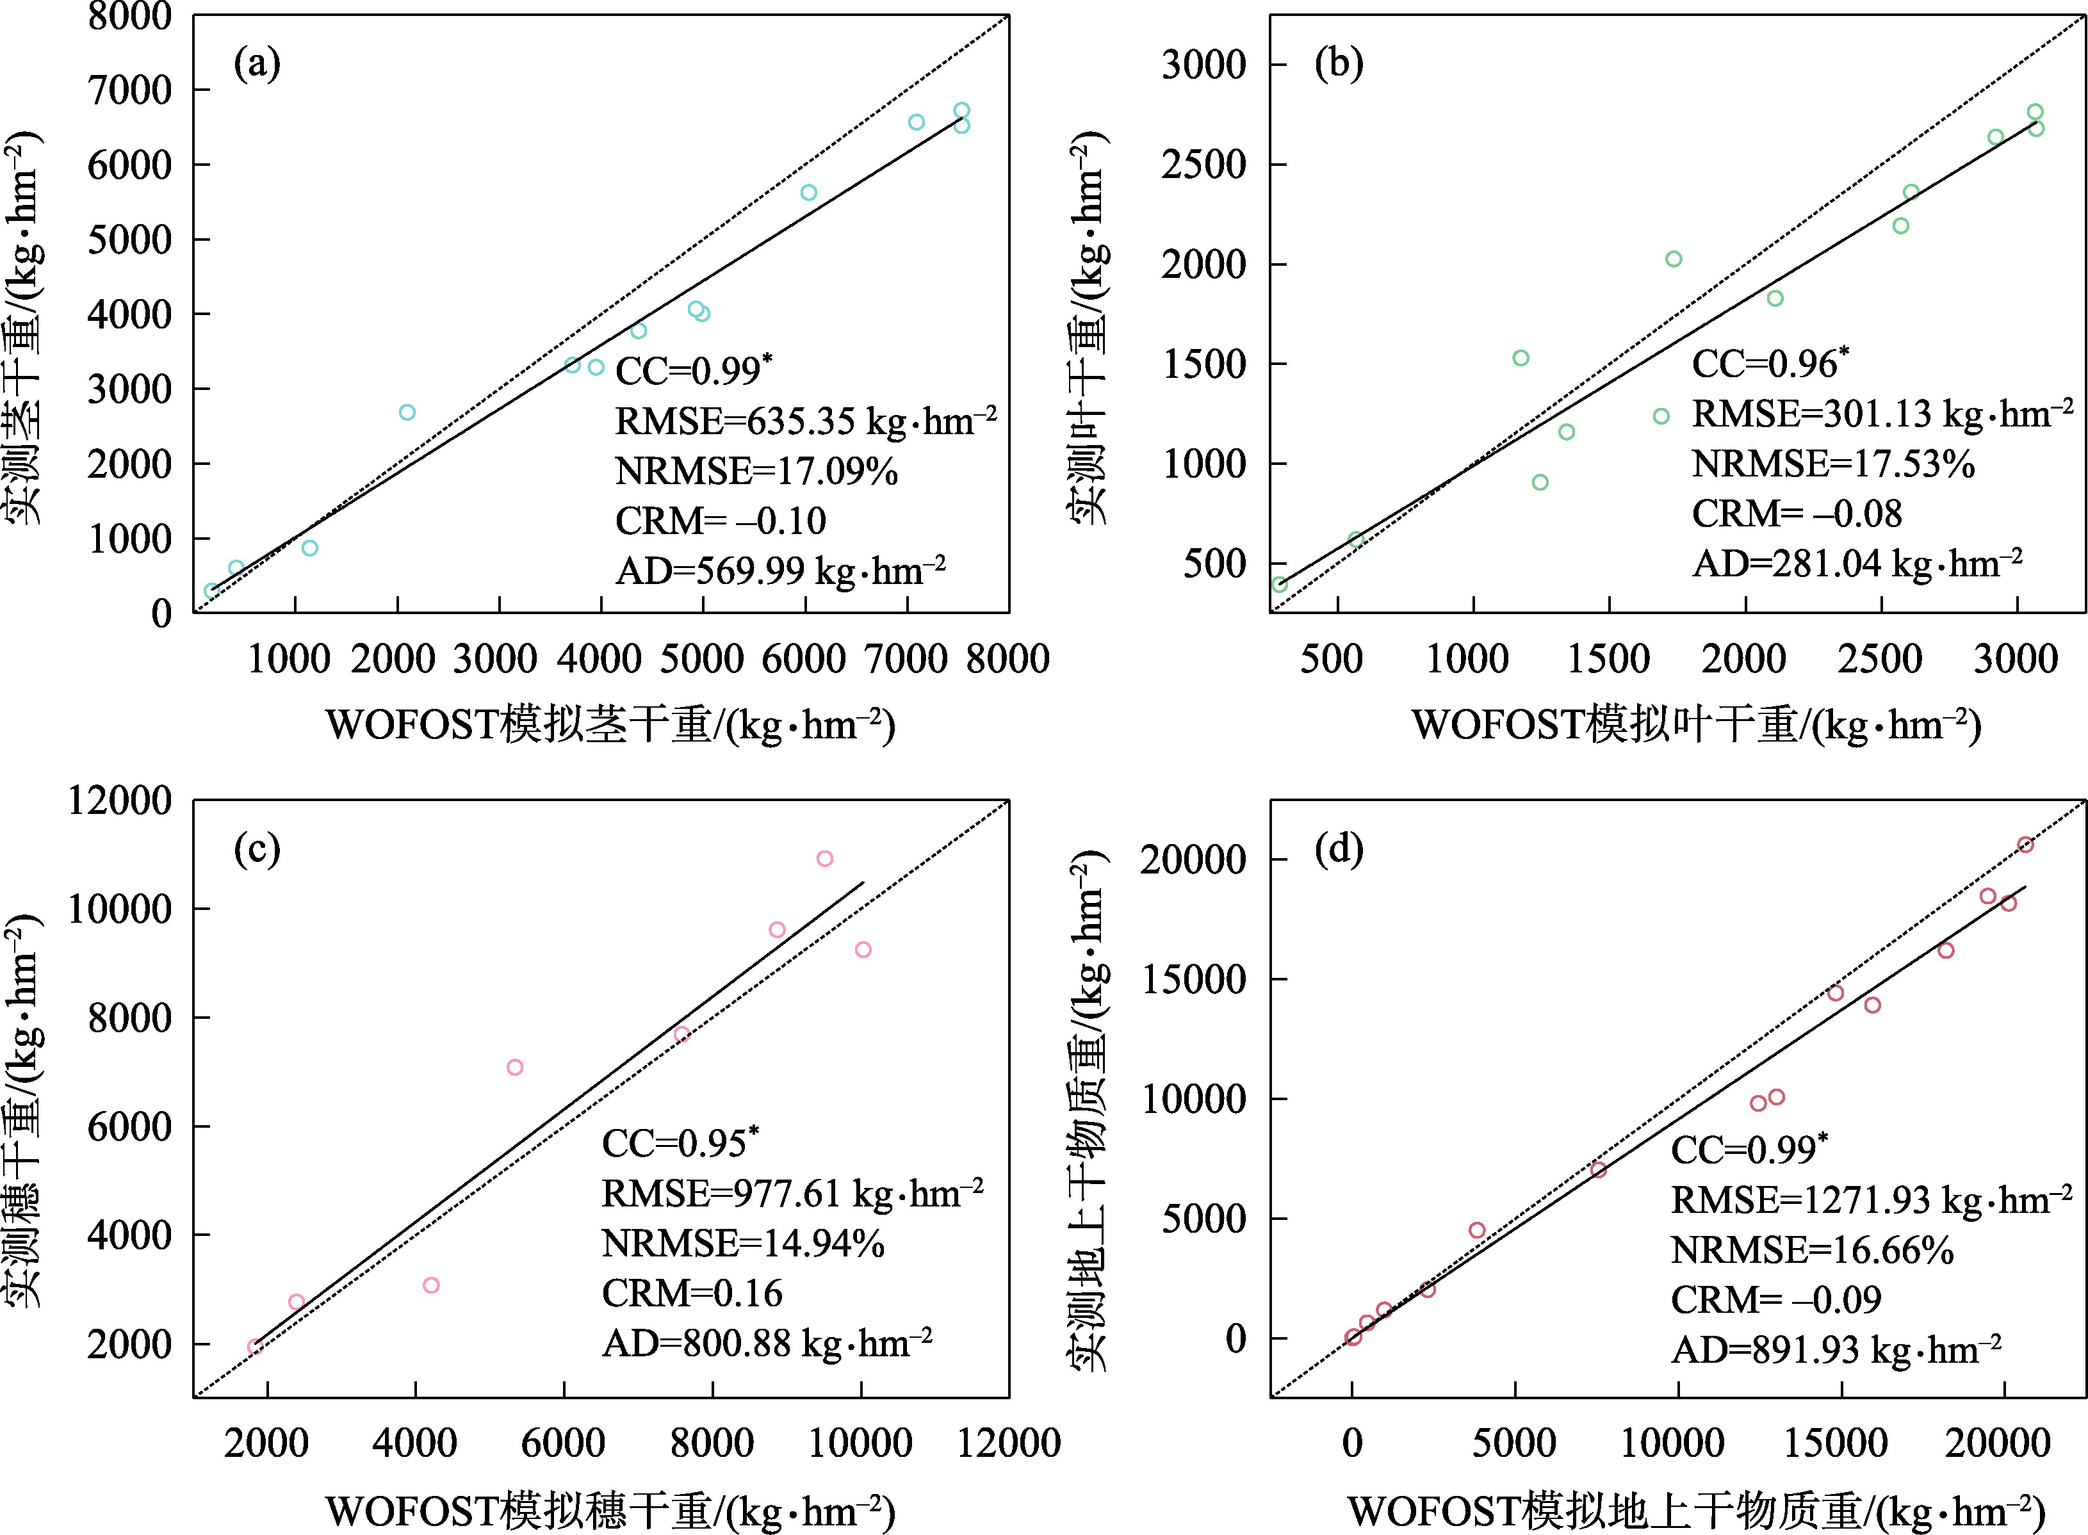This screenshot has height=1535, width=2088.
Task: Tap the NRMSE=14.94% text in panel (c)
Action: tap(742, 1243)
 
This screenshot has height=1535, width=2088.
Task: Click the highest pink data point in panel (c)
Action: tap(824, 859)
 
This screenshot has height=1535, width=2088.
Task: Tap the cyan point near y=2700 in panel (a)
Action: tap(407, 412)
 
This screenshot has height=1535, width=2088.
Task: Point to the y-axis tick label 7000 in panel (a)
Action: tap(130, 91)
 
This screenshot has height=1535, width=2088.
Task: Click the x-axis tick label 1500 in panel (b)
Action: tap(1608, 659)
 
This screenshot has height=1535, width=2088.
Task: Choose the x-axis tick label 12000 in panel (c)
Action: tap(1008, 1443)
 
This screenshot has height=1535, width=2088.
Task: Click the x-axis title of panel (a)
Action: tap(610, 726)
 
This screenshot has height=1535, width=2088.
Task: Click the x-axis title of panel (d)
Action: tap(1696, 1511)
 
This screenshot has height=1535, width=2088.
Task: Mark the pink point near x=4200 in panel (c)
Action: tap(431, 1285)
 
